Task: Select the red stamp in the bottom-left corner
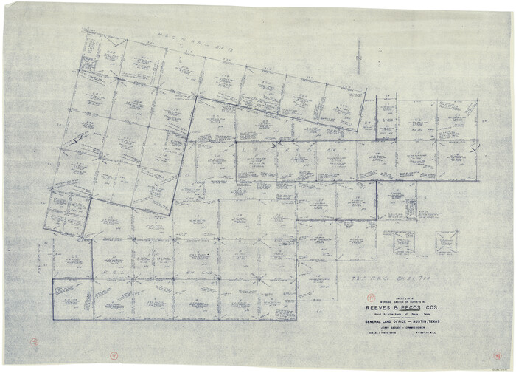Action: (33, 343)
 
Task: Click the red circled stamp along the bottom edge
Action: (114, 357)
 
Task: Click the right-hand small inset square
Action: (446, 242)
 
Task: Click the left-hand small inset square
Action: (403, 242)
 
